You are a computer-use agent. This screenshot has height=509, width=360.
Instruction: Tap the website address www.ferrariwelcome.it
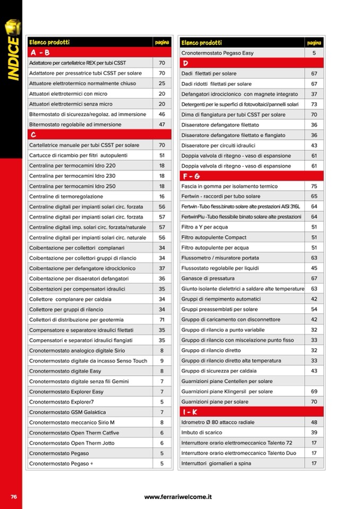(178, 497)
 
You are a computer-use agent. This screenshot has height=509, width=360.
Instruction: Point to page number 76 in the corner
(13, 497)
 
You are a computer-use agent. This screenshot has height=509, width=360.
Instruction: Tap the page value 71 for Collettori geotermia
(162, 320)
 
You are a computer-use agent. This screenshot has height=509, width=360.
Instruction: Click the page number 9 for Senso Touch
(162, 361)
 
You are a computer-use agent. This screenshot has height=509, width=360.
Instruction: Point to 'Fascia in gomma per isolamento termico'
(229, 186)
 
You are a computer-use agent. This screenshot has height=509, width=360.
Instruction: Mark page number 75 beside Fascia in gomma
(314, 186)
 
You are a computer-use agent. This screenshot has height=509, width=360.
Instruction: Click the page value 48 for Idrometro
(314, 422)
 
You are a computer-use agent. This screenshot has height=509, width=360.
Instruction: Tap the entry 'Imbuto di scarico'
(201, 433)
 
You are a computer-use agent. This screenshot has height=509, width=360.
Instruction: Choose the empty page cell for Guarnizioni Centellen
(314, 381)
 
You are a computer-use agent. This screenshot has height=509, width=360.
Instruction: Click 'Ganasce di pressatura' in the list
(208, 279)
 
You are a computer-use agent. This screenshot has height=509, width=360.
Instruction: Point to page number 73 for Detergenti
(314, 104)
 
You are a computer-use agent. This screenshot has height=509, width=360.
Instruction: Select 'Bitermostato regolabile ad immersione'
(75, 125)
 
